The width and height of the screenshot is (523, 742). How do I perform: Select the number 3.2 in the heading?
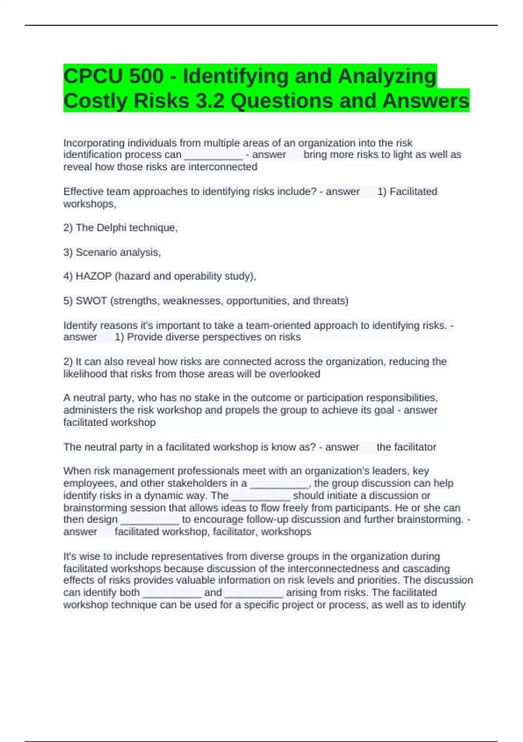tap(210, 101)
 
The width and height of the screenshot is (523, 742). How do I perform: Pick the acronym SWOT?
tap(91, 301)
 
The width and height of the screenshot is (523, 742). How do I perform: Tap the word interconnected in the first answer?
tap(223, 167)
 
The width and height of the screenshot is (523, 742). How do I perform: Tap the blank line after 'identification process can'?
tap(214, 155)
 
